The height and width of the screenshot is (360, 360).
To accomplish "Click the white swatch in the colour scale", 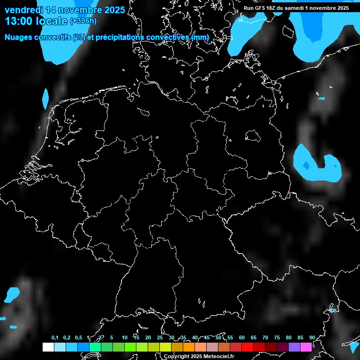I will (48, 347).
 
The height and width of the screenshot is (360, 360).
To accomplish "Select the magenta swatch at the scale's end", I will (306, 347).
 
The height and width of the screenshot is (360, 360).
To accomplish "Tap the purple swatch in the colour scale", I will (294, 347).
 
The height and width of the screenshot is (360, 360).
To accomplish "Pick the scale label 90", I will (312, 337).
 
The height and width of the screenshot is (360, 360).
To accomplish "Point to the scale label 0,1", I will (55, 337).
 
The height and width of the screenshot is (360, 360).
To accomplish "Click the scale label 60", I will (241, 337).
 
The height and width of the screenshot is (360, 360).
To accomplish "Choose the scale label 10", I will (124, 337).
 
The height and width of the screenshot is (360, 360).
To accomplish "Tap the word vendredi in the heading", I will (23, 10).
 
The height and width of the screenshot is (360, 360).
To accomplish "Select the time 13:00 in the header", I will (19, 21).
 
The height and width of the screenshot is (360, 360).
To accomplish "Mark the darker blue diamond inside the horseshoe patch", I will (306, 165).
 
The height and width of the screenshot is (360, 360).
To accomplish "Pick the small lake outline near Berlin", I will (253, 136).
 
